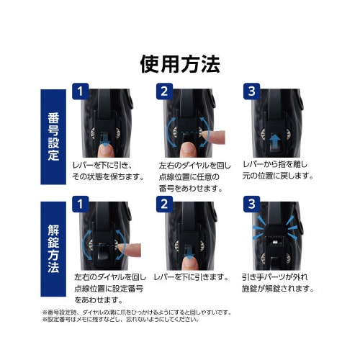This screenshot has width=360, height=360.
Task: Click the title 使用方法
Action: click(x=179, y=63)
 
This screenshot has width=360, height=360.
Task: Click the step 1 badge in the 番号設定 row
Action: click(x=81, y=92)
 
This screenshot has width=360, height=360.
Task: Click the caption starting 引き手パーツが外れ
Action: click(x=276, y=282)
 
